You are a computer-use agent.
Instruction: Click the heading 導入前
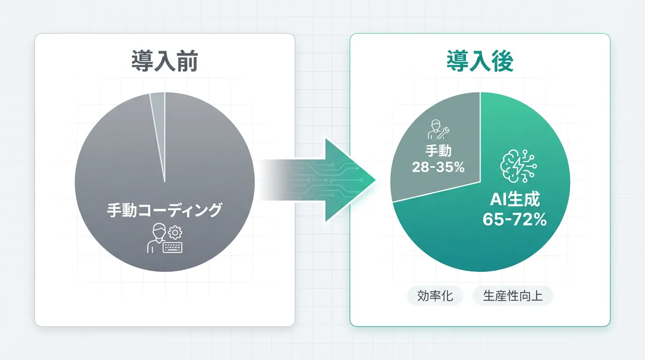tap(165, 61)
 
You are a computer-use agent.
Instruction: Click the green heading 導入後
tap(480, 61)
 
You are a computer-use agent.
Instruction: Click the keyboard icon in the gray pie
tap(172, 247)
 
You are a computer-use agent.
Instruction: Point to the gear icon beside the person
tap(175, 232)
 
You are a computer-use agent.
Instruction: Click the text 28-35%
tap(438, 167)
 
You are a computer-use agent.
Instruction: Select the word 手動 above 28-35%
tap(438, 150)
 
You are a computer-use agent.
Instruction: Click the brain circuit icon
tap(518, 166)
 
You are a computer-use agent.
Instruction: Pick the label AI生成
tap(515, 199)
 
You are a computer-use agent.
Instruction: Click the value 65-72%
tap(515, 219)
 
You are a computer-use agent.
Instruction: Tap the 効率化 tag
tap(435, 296)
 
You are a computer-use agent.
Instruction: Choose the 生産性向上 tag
tap(513, 296)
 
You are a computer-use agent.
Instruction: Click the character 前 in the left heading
tap(187, 61)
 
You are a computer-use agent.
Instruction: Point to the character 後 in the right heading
tap(503, 61)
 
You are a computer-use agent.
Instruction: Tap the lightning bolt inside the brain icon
tap(518, 166)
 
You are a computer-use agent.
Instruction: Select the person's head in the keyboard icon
tap(159, 231)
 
